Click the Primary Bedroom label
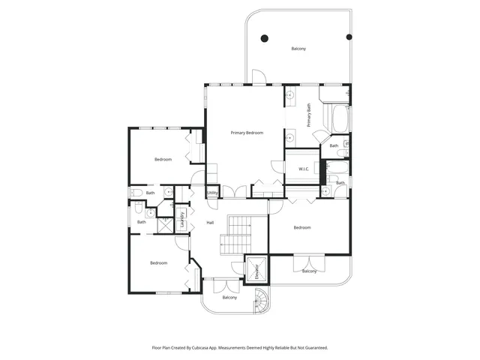(247, 133)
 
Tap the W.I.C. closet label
(304, 169)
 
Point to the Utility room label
(212, 193)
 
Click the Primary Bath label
(309, 115)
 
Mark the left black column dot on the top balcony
(263, 37)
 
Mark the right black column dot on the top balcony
(349, 37)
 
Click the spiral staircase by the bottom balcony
(263, 303)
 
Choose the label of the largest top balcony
(298, 49)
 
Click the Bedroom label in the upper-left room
(163, 159)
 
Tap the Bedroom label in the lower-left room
(158, 262)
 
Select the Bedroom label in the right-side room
(302, 227)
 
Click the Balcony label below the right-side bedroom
(309, 271)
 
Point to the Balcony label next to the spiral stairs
(229, 298)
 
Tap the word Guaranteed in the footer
(313, 347)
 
